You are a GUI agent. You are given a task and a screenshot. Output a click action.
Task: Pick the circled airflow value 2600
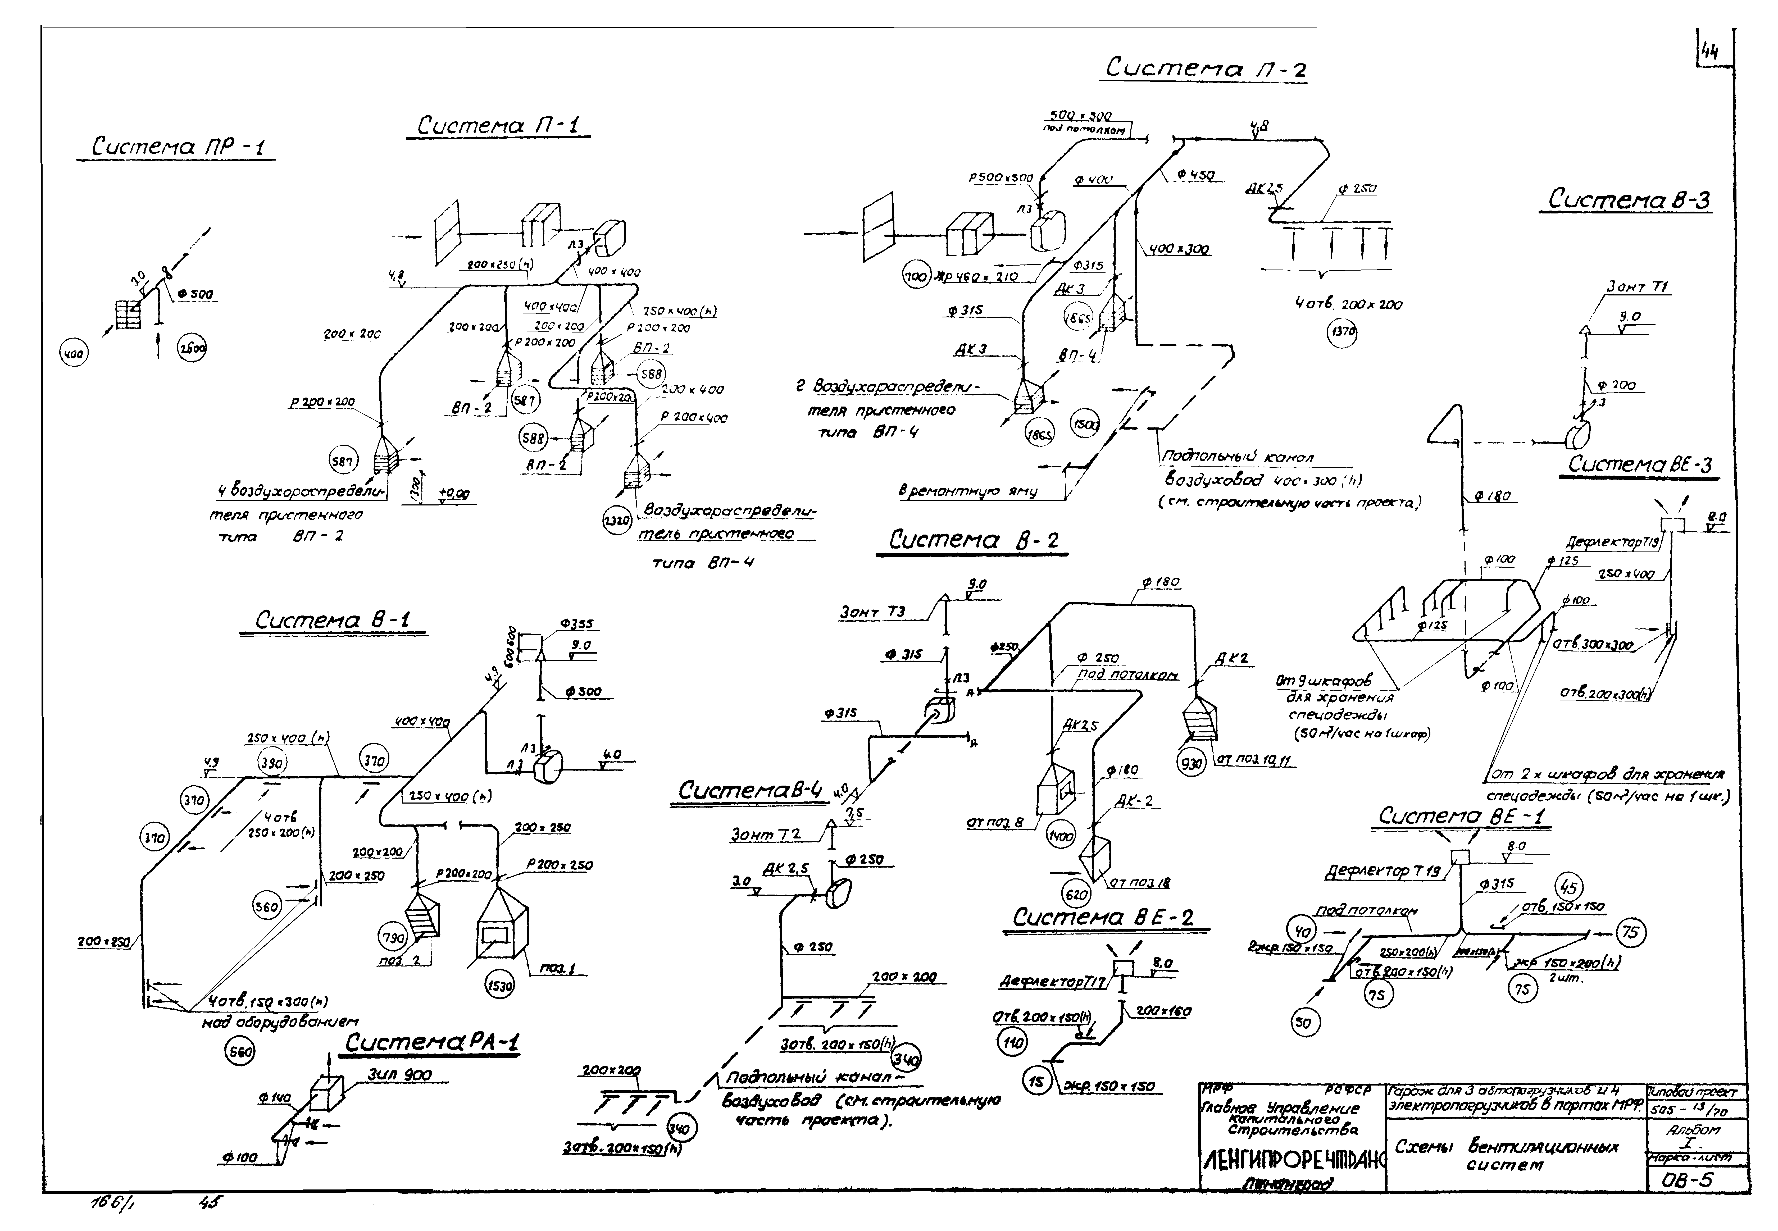192,349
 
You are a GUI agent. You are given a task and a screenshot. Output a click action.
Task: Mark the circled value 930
1192,764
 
